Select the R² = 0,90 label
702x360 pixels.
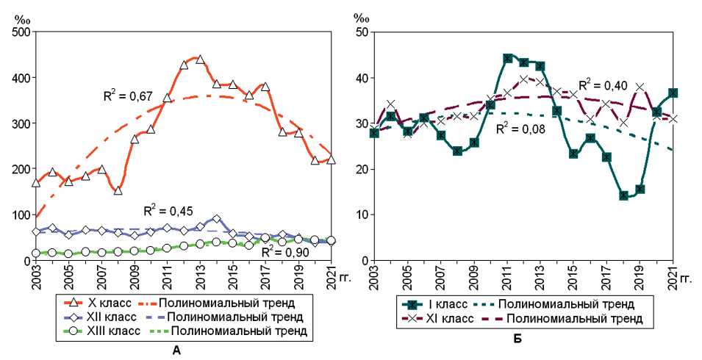[284, 251]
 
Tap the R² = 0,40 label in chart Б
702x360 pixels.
[602, 85]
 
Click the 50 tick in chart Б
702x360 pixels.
[360, 32]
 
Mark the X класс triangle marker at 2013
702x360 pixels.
[200, 60]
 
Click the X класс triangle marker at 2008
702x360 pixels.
[118, 190]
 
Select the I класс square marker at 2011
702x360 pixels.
[507, 58]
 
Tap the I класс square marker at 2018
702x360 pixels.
[623, 195]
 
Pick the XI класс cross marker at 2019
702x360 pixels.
[640, 87]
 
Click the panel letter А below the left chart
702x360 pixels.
[176, 350]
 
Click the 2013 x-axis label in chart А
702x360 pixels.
[200, 280]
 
